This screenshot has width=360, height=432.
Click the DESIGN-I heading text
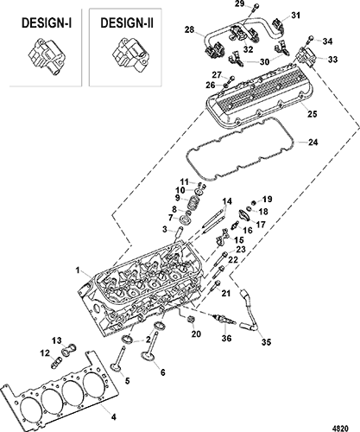(x=47, y=23)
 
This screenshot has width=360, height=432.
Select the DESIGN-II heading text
(x=127, y=23)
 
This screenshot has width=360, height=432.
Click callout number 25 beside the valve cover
(x=312, y=114)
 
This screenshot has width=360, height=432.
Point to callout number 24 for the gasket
(x=313, y=143)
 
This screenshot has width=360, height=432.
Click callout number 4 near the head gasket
(x=114, y=416)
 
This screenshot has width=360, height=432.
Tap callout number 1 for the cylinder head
(x=77, y=270)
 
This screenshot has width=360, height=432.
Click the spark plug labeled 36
(x=224, y=321)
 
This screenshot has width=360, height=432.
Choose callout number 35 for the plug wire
(x=266, y=342)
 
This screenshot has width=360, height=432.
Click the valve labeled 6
(x=149, y=346)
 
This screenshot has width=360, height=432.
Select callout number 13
(x=57, y=341)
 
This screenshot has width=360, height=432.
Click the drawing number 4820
(x=342, y=428)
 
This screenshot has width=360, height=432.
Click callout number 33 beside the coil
(x=332, y=60)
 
